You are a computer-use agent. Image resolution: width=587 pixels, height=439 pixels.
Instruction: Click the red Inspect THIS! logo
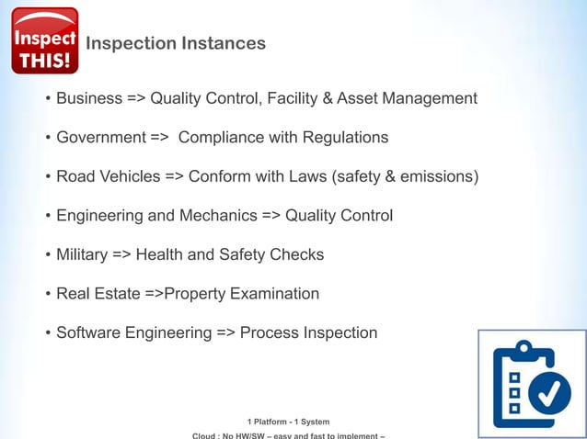coord(44,40)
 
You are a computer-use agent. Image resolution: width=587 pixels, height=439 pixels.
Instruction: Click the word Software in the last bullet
coord(88,332)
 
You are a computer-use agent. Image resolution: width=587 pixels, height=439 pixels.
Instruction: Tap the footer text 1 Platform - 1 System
coord(289,422)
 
